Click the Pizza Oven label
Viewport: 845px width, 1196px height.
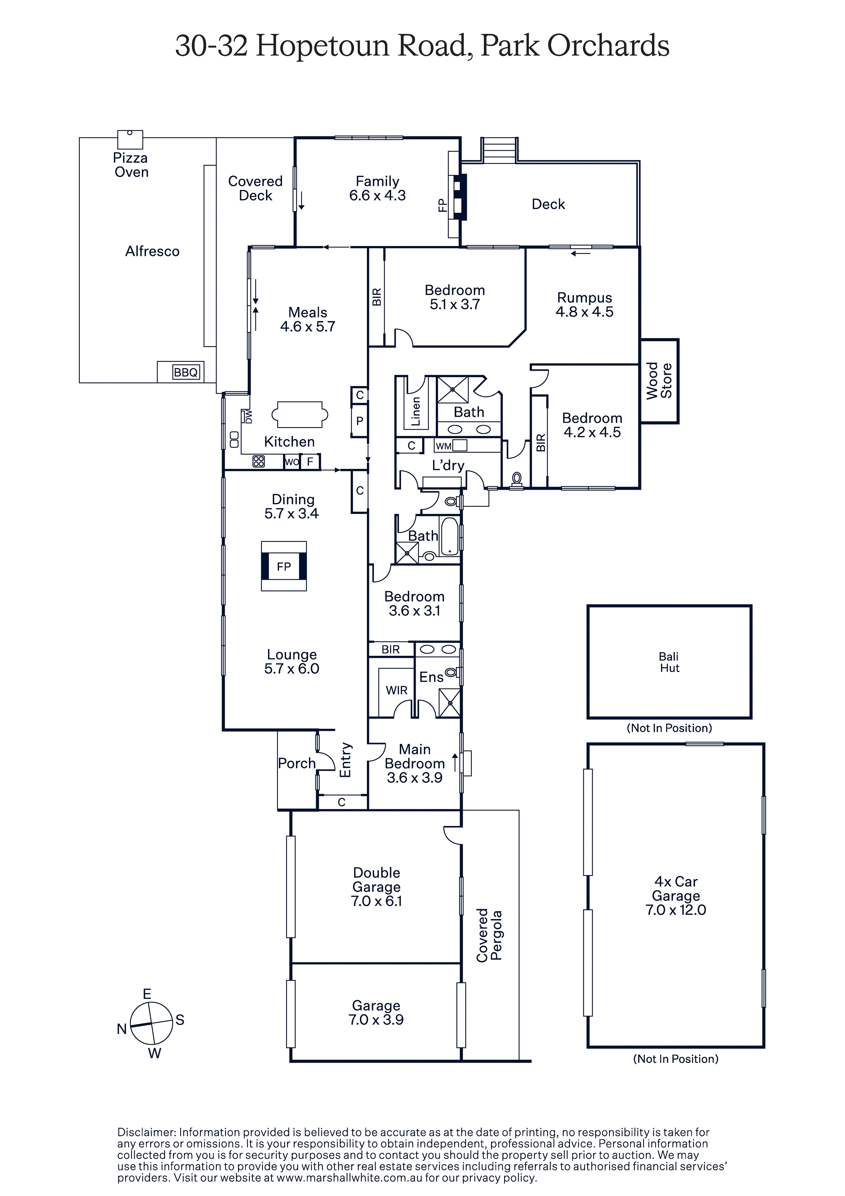pyautogui.click(x=131, y=165)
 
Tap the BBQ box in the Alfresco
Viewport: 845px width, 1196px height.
pyautogui.click(x=186, y=372)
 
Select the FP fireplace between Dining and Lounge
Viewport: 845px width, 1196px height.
pyautogui.click(x=284, y=566)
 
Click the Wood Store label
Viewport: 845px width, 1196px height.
pyautogui.click(x=659, y=381)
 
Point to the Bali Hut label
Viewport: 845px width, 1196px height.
pyautogui.click(x=669, y=662)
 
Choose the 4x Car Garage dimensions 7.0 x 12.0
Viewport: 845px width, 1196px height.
pyautogui.click(x=676, y=910)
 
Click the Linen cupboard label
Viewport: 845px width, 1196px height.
pyautogui.click(x=416, y=412)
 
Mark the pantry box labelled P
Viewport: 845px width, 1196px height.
pyautogui.click(x=359, y=420)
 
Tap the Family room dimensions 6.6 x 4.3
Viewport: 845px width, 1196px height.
pyautogui.click(x=377, y=195)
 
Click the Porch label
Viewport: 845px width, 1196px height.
pyautogui.click(x=297, y=763)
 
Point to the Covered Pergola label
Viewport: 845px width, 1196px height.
pyautogui.click(x=489, y=935)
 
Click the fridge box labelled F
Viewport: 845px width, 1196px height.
pyautogui.click(x=310, y=461)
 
